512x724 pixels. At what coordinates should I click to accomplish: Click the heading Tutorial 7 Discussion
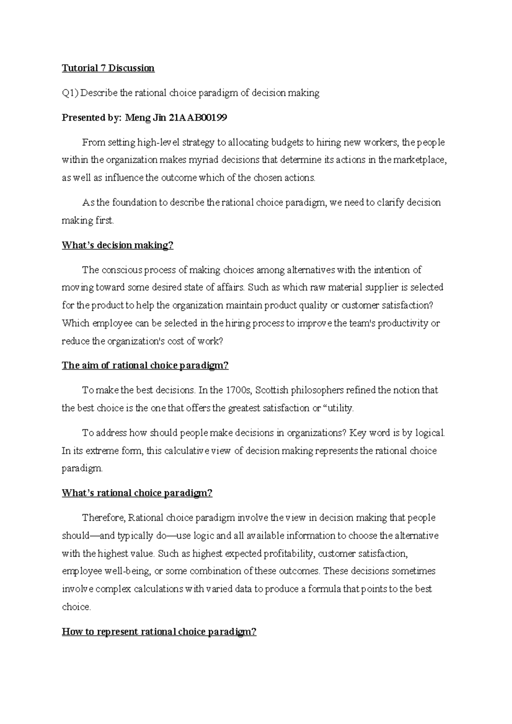pyautogui.click(x=108, y=68)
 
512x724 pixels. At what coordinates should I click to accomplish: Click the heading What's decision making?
pyautogui.click(x=118, y=245)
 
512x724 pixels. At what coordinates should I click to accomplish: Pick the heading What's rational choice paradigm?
pyautogui.click(x=137, y=493)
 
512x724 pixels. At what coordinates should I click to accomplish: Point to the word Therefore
pyautogui.click(x=103, y=518)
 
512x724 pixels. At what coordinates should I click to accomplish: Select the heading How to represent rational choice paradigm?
pyautogui.click(x=159, y=632)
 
